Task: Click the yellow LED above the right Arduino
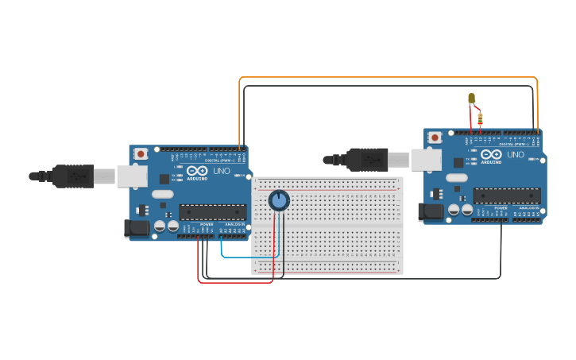(x=471, y=99)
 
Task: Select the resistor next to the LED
(x=480, y=118)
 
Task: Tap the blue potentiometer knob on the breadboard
(x=278, y=200)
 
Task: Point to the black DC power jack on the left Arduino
(x=136, y=229)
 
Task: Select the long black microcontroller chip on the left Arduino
(x=212, y=212)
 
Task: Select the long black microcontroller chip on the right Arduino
(x=507, y=195)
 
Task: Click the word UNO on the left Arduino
(x=222, y=171)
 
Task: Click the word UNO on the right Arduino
(x=516, y=154)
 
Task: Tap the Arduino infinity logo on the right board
(x=491, y=154)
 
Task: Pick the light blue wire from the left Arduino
(x=248, y=257)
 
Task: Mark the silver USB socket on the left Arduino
(x=131, y=176)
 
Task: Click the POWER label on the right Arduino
(x=501, y=207)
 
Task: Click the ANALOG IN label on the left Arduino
(x=235, y=224)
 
